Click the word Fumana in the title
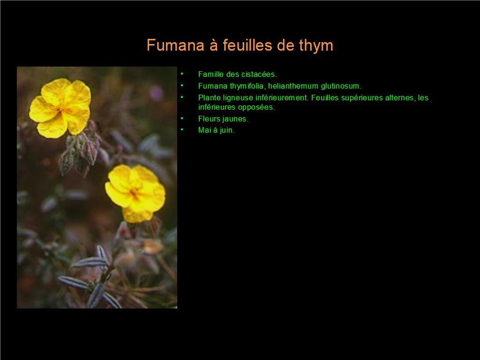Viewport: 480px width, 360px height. click(175, 45)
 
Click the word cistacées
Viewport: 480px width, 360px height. click(259, 75)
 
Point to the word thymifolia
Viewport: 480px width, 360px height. click(247, 86)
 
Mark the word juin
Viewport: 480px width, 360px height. click(227, 130)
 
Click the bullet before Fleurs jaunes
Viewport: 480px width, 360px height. click(182, 118)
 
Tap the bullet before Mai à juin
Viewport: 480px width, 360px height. click(182, 129)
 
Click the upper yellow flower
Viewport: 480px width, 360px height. click(60, 108)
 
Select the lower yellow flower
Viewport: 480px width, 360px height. click(135, 193)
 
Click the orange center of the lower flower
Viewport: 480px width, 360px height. click(134, 193)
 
